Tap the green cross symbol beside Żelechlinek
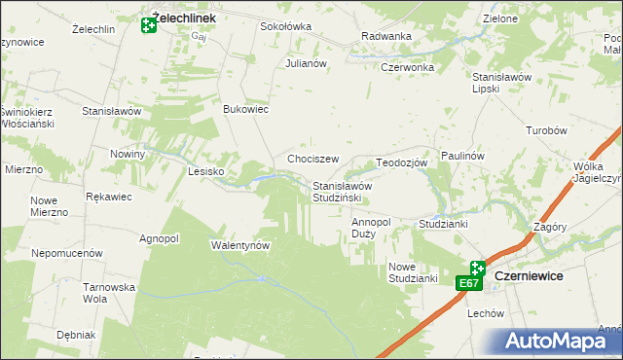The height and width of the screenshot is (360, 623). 149,24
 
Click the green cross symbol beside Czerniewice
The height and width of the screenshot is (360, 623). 477,268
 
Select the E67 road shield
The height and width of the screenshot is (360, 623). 469,283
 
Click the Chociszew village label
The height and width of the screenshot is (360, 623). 312,159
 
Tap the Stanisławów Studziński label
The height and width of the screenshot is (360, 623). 343,192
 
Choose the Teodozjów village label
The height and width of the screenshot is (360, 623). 402,162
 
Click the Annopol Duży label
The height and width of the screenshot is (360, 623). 371,228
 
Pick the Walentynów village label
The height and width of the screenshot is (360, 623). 240,245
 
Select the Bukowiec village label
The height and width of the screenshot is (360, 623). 246,109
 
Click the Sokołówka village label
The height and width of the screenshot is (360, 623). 284,26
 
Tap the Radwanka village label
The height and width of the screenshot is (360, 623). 385,36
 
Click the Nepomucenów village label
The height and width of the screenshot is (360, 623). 67,252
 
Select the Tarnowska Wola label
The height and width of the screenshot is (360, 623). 108,292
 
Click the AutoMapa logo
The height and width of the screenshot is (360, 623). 559,341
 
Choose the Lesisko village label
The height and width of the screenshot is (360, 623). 205,171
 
